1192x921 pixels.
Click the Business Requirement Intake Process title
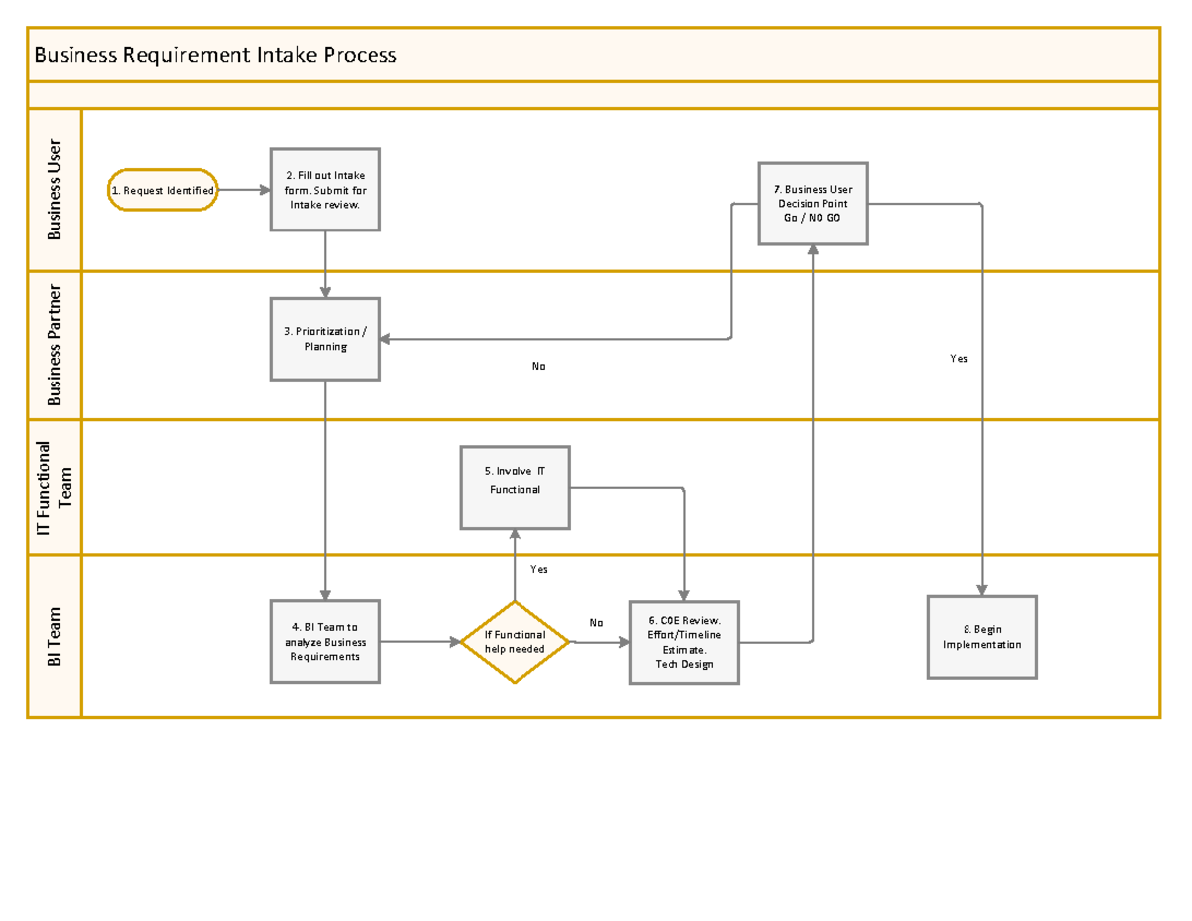coord(216,55)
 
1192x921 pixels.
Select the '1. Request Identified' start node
coord(162,190)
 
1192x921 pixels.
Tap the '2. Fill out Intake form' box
coord(326,190)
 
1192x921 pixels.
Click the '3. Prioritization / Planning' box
coord(326,339)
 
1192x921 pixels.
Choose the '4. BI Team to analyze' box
coord(326,642)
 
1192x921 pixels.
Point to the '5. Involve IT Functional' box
coord(515,487)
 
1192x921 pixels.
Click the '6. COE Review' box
coord(684,643)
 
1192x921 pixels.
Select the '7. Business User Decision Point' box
coord(813,203)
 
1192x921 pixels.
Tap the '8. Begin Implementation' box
coord(981,637)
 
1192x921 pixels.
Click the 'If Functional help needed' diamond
coord(515,642)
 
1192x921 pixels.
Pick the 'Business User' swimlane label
coord(55,190)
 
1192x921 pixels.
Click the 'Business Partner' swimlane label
coord(55,345)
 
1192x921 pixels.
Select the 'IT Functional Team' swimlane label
coord(55,487)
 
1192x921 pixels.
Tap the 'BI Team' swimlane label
coord(55,637)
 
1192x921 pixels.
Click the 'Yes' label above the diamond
coord(538,569)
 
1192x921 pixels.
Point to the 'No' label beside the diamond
coord(596,623)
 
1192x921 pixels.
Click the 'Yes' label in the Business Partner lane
coord(958,358)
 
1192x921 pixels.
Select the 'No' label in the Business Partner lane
coord(538,366)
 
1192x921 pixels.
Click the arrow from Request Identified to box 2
coord(243,190)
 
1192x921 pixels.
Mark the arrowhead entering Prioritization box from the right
coord(386,339)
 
